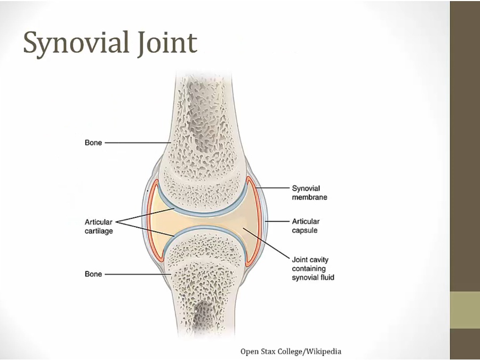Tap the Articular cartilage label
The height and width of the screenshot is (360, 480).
click(99, 226)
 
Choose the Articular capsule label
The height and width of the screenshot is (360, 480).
click(306, 226)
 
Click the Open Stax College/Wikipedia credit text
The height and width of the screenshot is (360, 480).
click(291, 351)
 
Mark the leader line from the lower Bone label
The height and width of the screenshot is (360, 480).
click(136, 274)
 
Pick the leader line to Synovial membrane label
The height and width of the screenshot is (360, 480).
click(273, 188)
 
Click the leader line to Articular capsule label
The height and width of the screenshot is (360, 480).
click(277, 221)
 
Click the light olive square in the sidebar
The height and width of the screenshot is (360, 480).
click(465, 310)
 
